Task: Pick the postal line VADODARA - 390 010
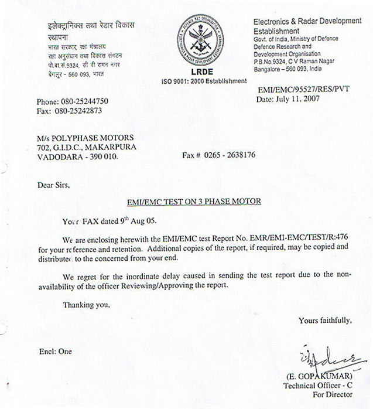[x=77, y=156]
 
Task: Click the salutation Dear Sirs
[x=53, y=185]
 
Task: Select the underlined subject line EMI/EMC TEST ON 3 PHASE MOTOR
[x=194, y=202]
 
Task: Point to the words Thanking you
[x=86, y=305]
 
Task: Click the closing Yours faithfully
[x=325, y=320]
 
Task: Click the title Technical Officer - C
[x=317, y=385]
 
